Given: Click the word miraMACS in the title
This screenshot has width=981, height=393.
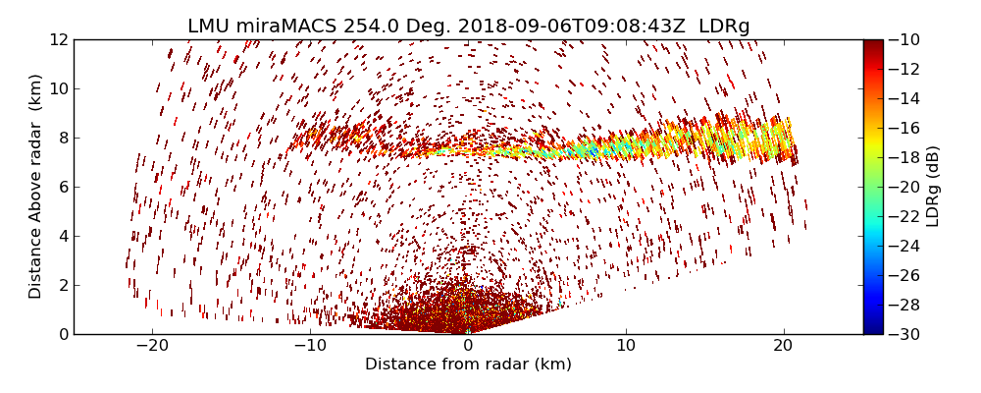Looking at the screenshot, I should [286, 27].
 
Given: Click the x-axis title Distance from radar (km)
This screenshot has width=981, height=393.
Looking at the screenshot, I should [468, 365].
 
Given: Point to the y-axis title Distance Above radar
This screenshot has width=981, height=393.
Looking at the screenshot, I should [36, 187].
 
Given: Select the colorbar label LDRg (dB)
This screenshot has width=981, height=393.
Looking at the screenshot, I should [933, 187].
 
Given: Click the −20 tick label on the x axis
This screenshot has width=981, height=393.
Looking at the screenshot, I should [152, 346].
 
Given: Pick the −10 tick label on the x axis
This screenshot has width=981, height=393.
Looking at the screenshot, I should [310, 346].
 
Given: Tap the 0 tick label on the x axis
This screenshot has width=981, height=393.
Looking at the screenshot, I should [468, 346].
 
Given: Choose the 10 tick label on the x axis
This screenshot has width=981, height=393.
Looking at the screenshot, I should [626, 346].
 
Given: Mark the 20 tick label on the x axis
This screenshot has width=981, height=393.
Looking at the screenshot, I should [783, 346].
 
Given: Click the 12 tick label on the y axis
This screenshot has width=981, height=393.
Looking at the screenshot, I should [59, 40].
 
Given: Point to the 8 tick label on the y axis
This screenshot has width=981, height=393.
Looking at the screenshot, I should [63, 139].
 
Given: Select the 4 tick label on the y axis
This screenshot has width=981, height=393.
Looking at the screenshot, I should [63, 237].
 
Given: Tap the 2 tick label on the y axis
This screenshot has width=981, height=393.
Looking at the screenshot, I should [63, 286].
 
